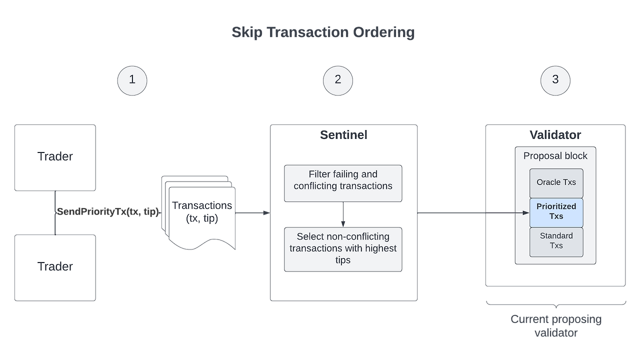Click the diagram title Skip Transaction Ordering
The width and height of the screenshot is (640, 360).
click(x=323, y=33)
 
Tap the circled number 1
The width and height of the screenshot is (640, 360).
click(x=132, y=80)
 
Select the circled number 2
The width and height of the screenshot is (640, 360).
click(x=338, y=80)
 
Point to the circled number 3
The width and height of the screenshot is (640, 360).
click(x=555, y=80)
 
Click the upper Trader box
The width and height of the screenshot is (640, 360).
click(x=55, y=157)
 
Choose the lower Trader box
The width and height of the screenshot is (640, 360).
click(x=55, y=267)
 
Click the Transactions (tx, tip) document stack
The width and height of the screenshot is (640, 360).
click(x=200, y=213)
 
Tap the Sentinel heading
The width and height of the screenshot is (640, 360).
click(x=343, y=135)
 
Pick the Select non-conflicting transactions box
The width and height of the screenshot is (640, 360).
click(x=343, y=249)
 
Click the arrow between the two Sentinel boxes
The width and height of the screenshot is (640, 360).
click(x=343, y=214)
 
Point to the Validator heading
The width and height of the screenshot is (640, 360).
click(x=555, y=135)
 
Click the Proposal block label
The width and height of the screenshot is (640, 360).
click(x=555, y=156)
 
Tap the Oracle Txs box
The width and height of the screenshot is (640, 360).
click(x=556, y=182)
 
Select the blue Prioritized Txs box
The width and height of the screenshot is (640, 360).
click(x=556, y=212)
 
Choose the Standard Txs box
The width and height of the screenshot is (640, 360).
click(x=556, y=241)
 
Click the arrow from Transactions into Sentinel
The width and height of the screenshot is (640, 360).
click(x=252, y=213)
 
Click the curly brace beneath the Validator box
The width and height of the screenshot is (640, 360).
click(x=556, y=303)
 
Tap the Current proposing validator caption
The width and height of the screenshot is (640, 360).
click(x=555, y=326)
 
